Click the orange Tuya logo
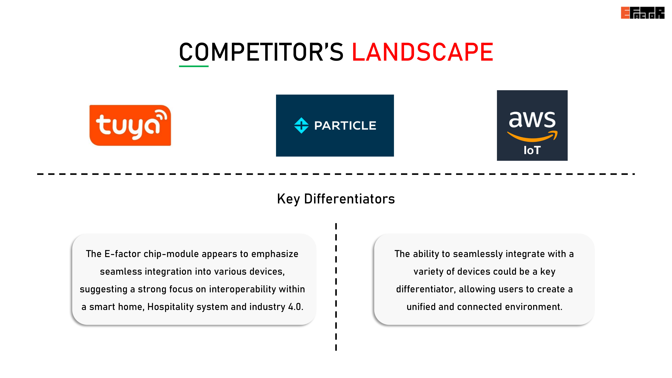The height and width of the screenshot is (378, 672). point(130,125)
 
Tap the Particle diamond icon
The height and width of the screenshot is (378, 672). point(301,125)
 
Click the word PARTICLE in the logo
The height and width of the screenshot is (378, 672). point(345,126)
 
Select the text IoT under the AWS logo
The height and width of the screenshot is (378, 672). point(532,150)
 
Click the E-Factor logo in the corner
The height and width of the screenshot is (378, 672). point(643,13)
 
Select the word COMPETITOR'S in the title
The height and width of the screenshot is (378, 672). point(261,52)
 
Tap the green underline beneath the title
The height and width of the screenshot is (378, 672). point(194,66)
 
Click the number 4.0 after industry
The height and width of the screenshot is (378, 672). point(296,307)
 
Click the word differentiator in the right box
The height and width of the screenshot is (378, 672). point(426,289)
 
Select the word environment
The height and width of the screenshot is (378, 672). point(533,307)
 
